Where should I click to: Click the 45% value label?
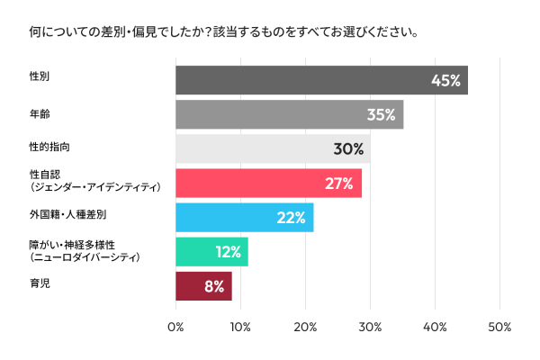click(x=445, y=80)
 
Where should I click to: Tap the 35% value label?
click(x=382, y=115)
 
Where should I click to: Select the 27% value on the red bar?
click(x=339, y=184)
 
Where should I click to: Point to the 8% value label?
click(x=213, y=286)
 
